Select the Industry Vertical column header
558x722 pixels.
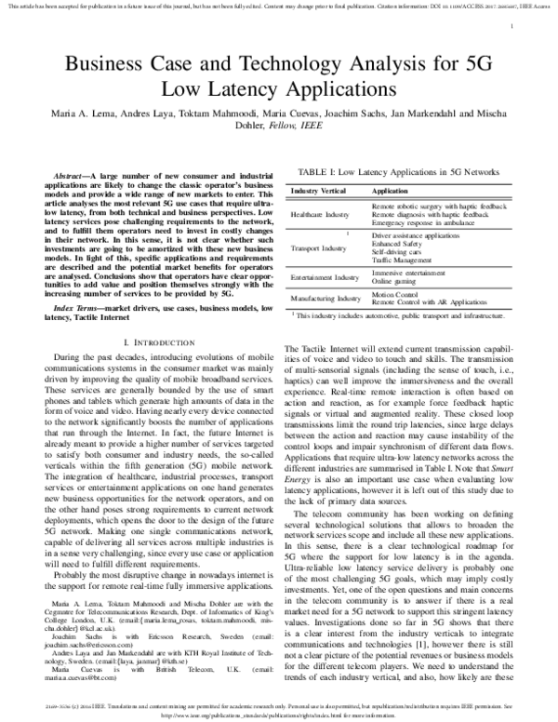point(321,190)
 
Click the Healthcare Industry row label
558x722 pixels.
point(325,214)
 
